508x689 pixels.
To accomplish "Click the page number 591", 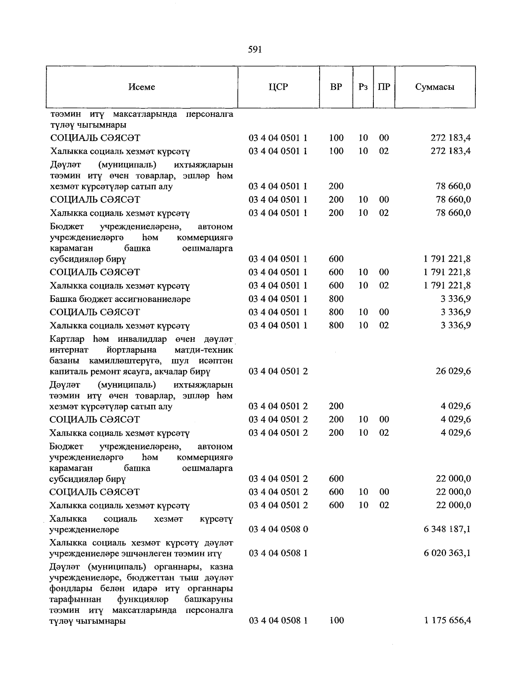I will [x=255, y=50].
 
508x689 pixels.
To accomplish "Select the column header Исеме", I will [x=142, y=87].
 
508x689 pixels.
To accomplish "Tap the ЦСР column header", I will [x=278, y=87].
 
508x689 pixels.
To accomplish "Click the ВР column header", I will [x=336, y=87].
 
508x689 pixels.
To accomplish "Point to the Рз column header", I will [x=363, y=87].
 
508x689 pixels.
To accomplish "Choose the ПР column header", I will [x=384, y=87].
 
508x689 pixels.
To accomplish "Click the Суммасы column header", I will [x=435, y=87].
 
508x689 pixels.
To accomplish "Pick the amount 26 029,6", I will [x=453, y=371].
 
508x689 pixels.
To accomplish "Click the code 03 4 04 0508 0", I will [x=278, y=529].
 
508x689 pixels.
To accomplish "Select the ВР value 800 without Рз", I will [x=336, y=299].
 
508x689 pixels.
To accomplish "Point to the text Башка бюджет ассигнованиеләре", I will [x=120, y=299].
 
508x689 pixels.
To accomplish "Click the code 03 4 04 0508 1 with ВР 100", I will [x=278, y=620].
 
